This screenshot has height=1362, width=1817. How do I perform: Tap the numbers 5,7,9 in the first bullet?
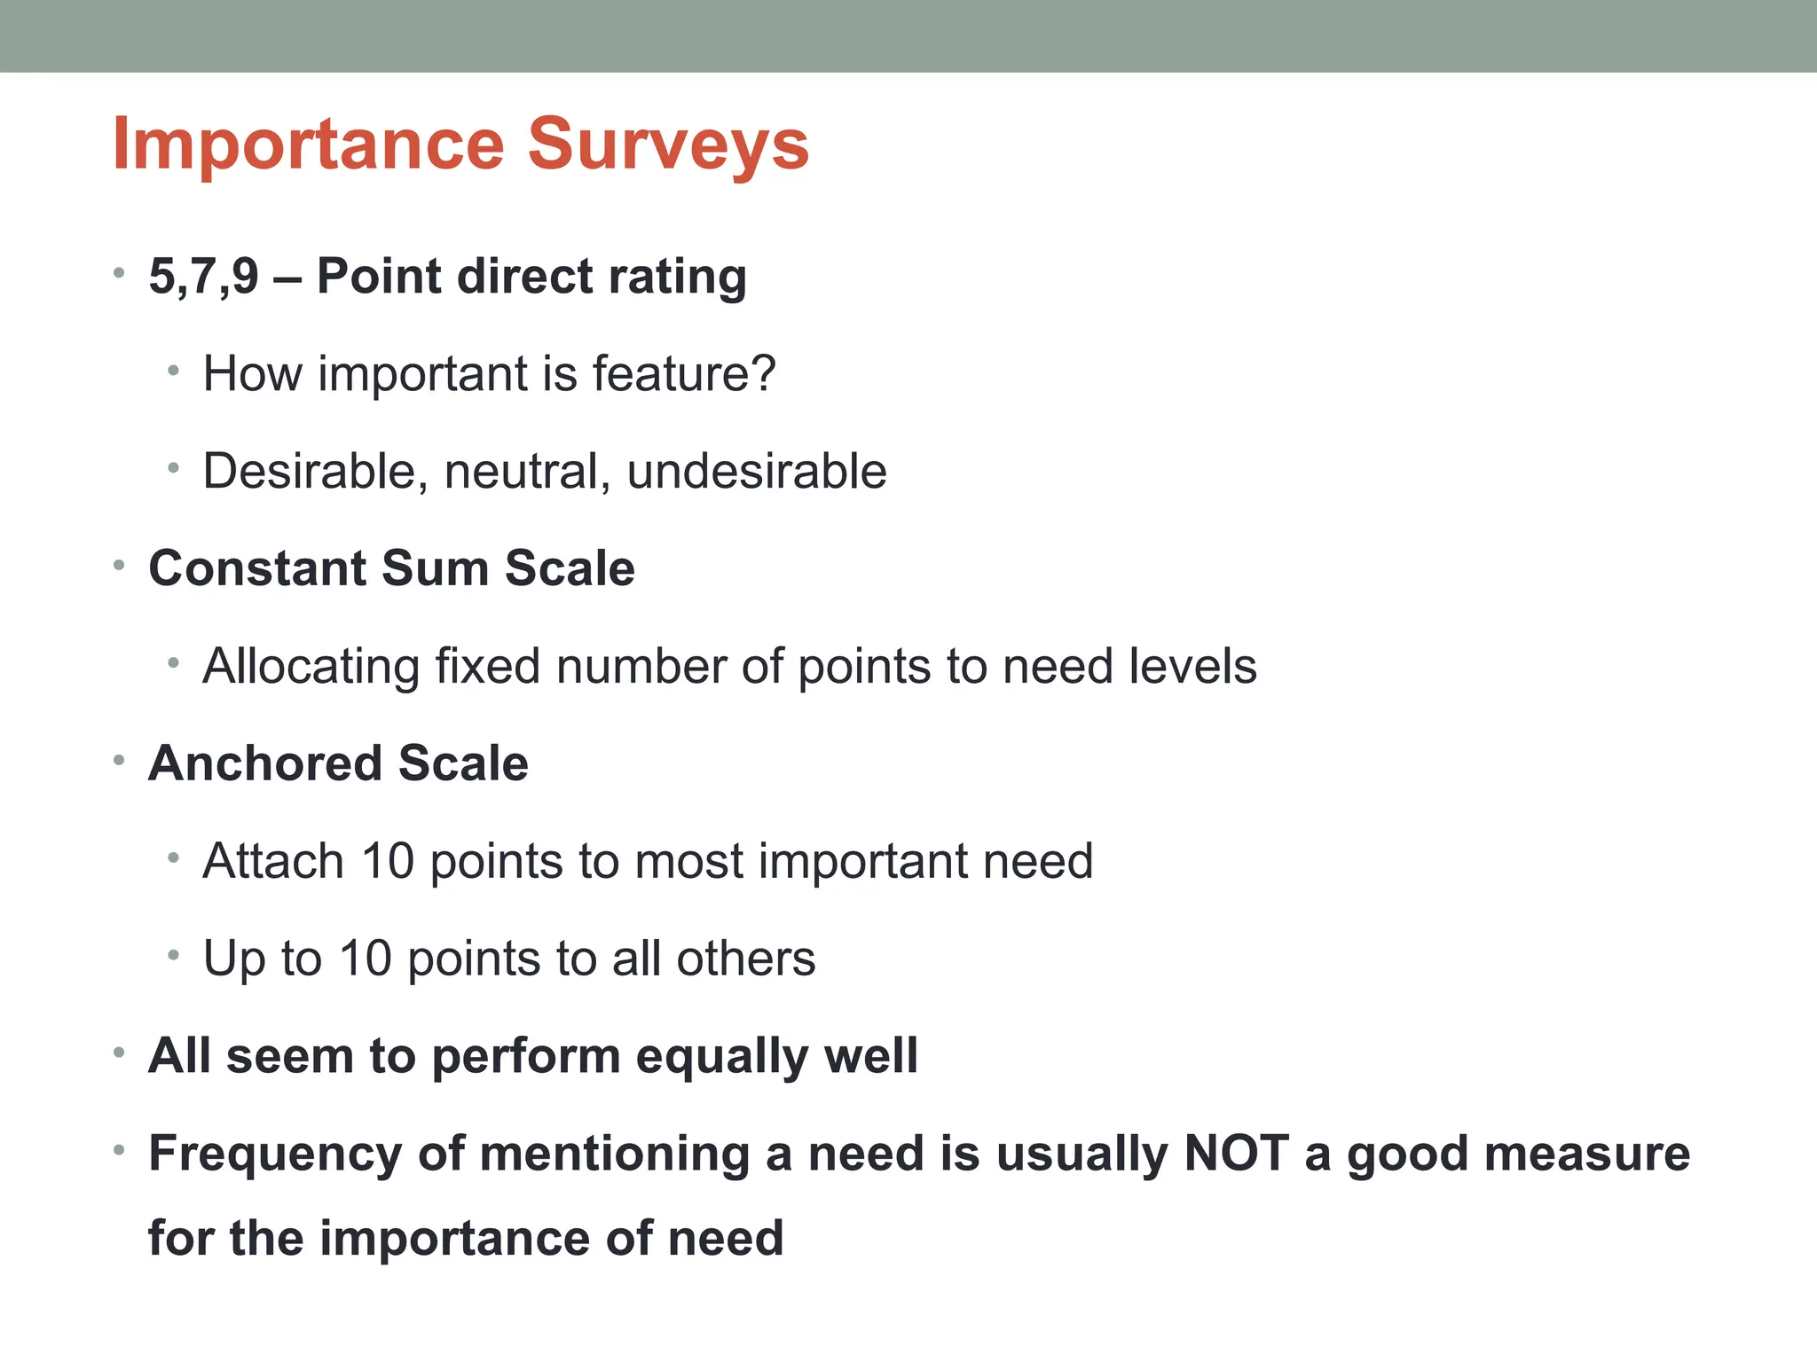pos(203,276)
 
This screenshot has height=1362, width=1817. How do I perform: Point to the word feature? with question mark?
pos(684,373)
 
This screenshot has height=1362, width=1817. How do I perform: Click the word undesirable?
pos(757,471)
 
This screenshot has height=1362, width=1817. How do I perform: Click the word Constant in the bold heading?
pos(257,567)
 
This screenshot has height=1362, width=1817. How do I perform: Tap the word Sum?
pos(435,567)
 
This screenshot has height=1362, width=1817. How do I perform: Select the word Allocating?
pos(311,666)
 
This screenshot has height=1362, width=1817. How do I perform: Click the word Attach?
pos(273,861)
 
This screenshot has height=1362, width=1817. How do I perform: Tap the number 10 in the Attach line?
pos(388,861)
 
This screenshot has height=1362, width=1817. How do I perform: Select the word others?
pos(745,959)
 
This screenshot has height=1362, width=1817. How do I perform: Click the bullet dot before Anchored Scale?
pos(119,761)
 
